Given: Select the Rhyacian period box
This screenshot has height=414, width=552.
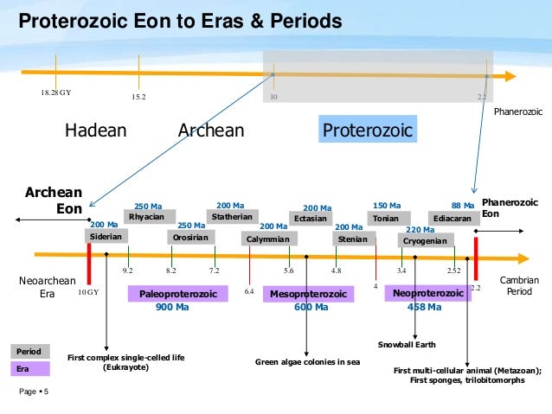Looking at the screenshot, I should tap(146, 216).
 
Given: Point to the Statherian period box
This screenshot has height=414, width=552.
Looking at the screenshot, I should tap(231, 216).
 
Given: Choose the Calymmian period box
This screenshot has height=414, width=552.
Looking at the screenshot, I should tap(267, 239).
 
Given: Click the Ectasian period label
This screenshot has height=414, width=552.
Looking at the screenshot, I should tap(310, 219).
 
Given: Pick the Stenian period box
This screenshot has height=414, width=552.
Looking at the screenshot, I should tap(352, 239).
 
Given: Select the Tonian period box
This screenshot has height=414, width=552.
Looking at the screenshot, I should tap(386, 219).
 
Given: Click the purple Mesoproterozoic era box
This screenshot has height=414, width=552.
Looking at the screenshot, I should tap(308, 295).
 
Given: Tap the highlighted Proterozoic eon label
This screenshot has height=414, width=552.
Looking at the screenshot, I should tap(367, 131).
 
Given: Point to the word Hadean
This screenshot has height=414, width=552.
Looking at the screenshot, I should tap(96, 131).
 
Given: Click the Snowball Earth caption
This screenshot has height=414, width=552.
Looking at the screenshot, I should tap(408, 345).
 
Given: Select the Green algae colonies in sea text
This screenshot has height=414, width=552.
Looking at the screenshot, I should tap(307, 361).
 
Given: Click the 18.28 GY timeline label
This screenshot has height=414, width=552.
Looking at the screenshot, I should tap(56, 91).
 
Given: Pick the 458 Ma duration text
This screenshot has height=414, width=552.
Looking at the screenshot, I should tap(425, 308).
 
